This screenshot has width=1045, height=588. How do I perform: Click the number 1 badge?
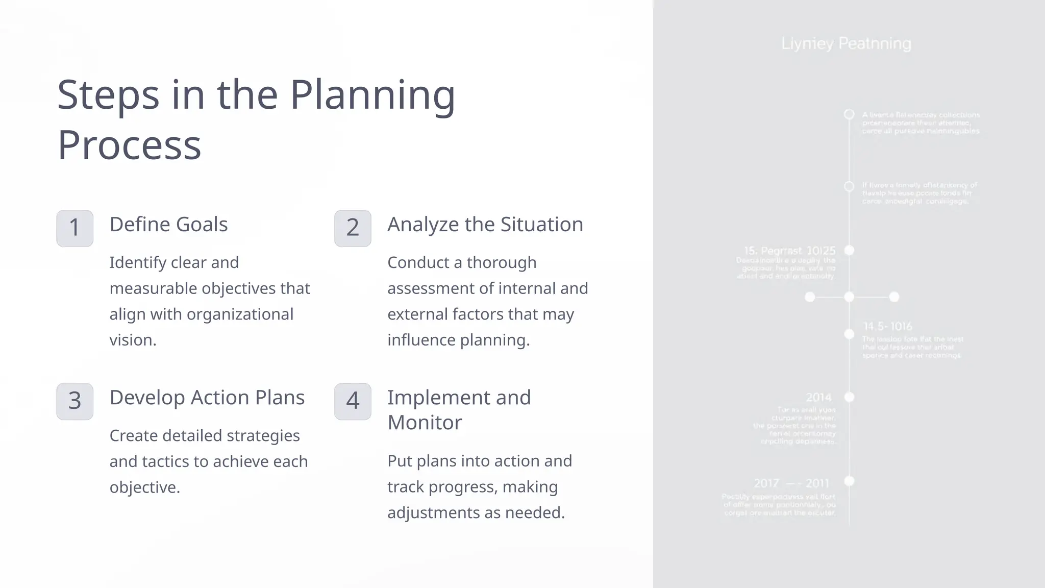click(74, 228)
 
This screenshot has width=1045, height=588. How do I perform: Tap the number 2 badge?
click(353, 228)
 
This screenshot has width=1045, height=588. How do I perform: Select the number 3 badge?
click(74, 401)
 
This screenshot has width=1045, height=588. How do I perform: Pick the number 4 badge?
click(353, 401)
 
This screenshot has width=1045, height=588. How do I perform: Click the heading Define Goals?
click(168, 225)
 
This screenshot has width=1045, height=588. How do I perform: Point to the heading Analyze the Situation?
click(485, 225)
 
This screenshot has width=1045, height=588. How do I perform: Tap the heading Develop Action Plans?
click(207, 398)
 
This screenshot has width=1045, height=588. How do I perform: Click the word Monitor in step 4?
click(425, 423)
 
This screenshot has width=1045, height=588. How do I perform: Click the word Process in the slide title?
click(129, 145)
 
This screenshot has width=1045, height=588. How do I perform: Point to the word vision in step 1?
click(132, 340)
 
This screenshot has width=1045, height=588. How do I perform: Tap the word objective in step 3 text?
click(144, 487)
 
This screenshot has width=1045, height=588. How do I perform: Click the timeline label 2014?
click(818, 398)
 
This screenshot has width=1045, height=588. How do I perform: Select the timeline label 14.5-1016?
click(887, 327)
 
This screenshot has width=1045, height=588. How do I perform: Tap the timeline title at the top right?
click(846, 44)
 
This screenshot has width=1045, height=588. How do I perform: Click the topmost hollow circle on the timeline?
click(849, 114)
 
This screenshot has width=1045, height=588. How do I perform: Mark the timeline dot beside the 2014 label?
click(849, 397)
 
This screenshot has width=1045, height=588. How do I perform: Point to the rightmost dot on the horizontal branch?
click(894, 297)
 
